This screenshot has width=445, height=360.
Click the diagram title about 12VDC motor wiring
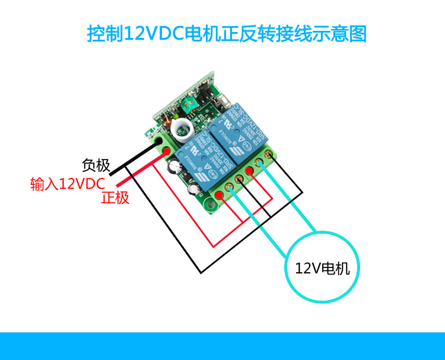click(227, 33)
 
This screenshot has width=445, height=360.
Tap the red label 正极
click(115, 198)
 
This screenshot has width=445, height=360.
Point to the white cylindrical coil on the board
click(179, 127)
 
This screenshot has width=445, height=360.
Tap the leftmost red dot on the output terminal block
click(220, 195)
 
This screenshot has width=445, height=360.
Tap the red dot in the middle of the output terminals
click(249, 172)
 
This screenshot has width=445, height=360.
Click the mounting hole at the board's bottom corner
click(211, 206)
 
